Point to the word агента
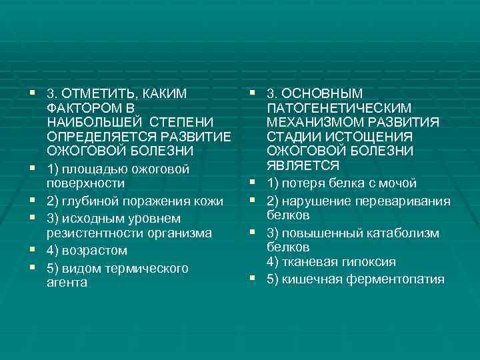tap(67, 283)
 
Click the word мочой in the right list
tap(400, 183)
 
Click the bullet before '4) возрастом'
tap(32, 250)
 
